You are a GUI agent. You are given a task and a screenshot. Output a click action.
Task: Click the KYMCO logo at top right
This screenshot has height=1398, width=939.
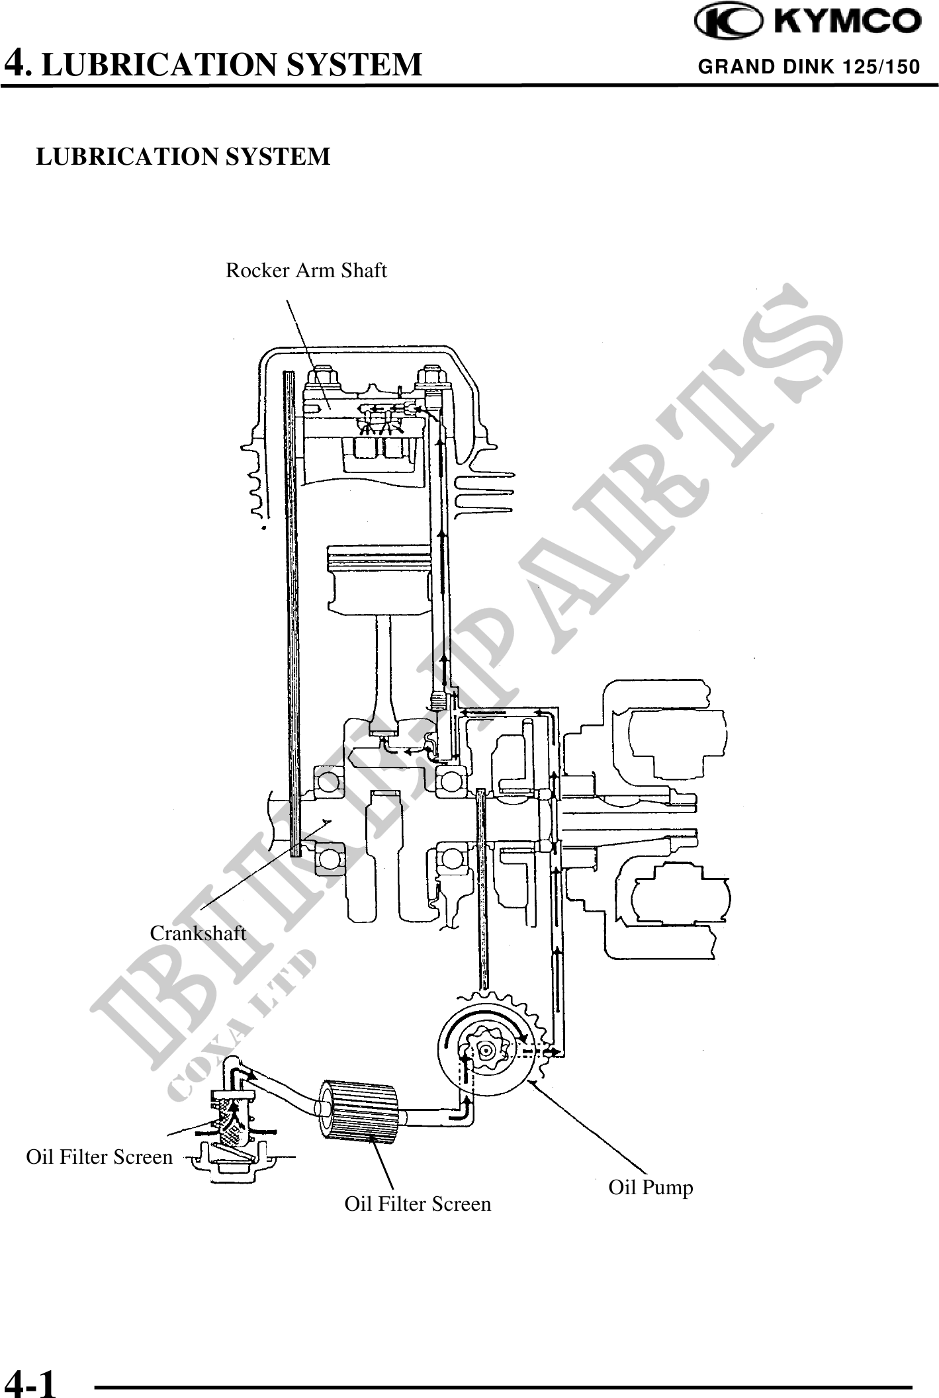[x=807, y=22]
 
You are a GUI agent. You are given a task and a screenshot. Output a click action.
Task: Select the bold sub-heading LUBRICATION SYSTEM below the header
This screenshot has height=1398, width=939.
[x=183, y=157]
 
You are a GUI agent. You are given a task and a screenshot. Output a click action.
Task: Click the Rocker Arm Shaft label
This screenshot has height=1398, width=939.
[x=306, y=271]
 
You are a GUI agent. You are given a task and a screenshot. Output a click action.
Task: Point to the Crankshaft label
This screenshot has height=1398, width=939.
[x=198, y=934]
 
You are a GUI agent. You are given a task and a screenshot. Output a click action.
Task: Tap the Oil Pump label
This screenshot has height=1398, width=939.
[x=650, y=1188]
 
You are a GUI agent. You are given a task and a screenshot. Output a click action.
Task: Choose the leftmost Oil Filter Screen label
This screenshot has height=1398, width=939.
[x=99, y=1157]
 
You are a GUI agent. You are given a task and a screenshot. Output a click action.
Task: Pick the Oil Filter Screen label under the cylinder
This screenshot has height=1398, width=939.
[x=418, y=1203]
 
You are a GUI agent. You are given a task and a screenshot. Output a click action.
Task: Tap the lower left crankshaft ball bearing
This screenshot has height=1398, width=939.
[x=329, y=859]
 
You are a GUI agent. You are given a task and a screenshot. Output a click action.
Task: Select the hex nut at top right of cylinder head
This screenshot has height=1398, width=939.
[x=431, y=378]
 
